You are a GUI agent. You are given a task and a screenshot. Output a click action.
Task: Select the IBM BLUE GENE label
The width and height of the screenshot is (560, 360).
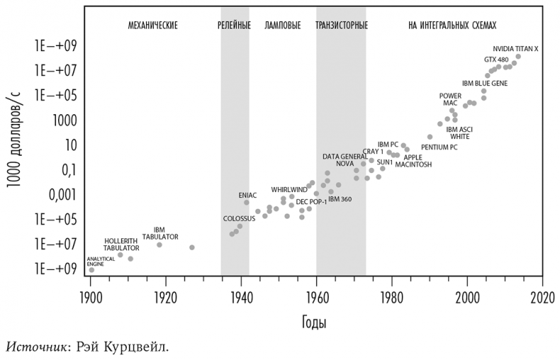482,83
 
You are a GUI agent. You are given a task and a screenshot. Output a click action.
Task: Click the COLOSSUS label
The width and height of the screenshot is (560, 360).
239,218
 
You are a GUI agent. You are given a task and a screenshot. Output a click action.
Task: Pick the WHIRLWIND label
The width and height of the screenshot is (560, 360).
289,190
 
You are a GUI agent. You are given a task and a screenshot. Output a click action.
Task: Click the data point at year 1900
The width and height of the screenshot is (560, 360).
91,270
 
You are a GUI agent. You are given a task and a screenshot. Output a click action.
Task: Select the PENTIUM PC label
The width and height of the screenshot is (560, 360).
439,147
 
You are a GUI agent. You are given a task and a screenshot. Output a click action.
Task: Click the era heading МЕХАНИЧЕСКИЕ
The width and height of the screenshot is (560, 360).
152,26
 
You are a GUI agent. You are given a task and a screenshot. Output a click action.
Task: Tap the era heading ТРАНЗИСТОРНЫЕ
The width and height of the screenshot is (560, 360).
341,26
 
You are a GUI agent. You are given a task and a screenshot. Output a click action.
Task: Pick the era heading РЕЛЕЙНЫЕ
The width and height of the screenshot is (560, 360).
234,26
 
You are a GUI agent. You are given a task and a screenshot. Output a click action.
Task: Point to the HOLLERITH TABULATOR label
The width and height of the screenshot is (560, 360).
121,244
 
